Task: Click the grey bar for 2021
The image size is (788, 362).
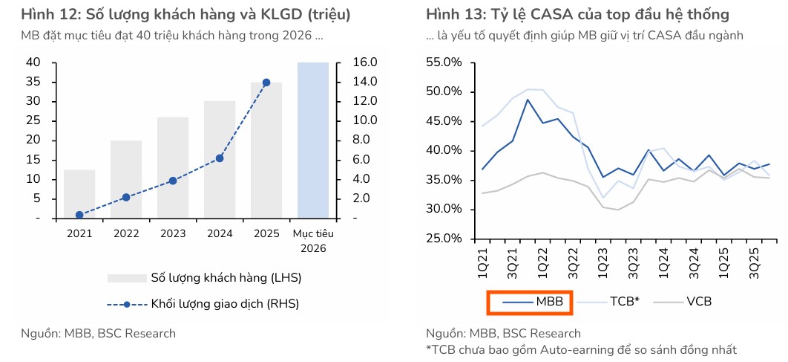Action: [x=79, y=194]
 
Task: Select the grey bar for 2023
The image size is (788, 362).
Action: [x=172, y=168]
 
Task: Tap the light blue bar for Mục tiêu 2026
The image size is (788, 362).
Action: [x=313, y=140]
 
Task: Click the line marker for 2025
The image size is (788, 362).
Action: [x=266, y=83]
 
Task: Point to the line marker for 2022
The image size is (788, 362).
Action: [x=126, y=197]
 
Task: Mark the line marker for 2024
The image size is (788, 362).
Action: [x=220, y=158]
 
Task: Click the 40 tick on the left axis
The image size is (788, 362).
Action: [x=33, y=62]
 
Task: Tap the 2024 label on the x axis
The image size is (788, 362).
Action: [x=220, y=233]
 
